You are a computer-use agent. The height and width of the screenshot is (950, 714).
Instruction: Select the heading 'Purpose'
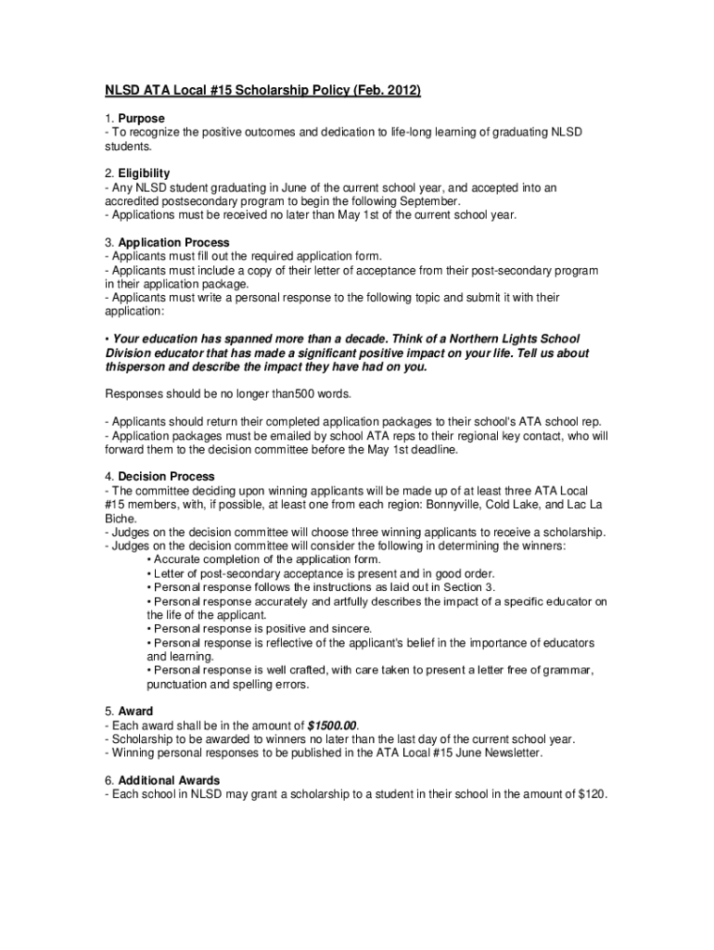(141, 119)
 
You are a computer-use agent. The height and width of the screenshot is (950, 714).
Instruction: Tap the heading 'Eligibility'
(144, 173)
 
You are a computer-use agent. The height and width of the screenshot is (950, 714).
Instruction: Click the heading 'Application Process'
(173, 242)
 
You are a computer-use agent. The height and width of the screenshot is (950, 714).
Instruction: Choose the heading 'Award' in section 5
(135, 712)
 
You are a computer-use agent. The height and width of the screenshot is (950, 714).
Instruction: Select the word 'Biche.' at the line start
(121, 518)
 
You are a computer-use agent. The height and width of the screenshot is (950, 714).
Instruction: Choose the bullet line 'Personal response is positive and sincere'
(263, 628)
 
